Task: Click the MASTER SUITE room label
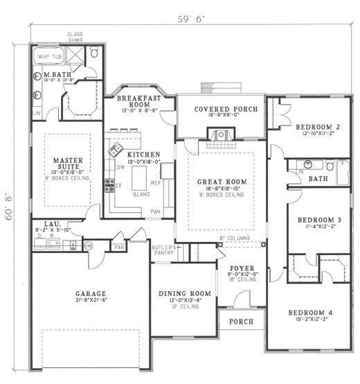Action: [68, 164]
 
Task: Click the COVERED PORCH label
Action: [225, 110]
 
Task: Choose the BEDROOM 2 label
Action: [316, 127]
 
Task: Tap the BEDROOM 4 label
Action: [309, 313]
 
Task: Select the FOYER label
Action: [242, 268]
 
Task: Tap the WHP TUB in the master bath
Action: [48, 56]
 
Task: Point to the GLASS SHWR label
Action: [75, 36]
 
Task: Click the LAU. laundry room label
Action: [51, 225]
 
